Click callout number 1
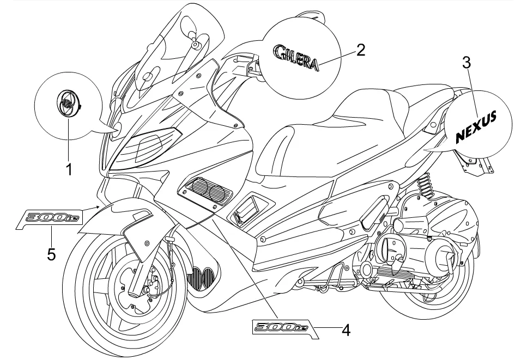coord(69,170)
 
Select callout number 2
coord(360,50)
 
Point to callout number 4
coord(345,329)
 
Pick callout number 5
coord(51,254)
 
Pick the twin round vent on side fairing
coord(209,192)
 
